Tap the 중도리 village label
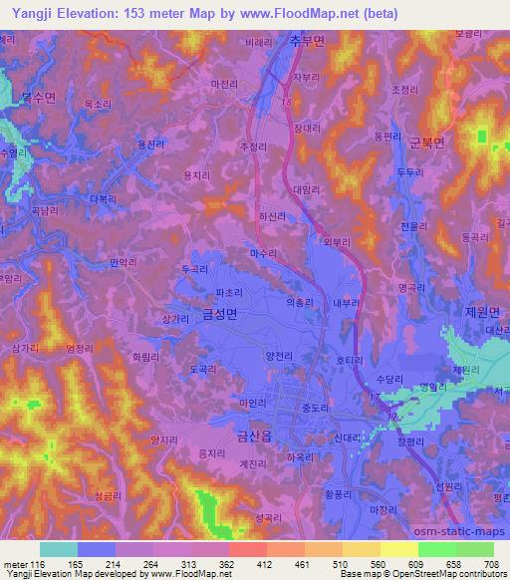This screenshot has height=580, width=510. click(315, 408)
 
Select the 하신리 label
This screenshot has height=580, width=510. click(272, 213)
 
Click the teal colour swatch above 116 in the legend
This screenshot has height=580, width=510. click(59, 548)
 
